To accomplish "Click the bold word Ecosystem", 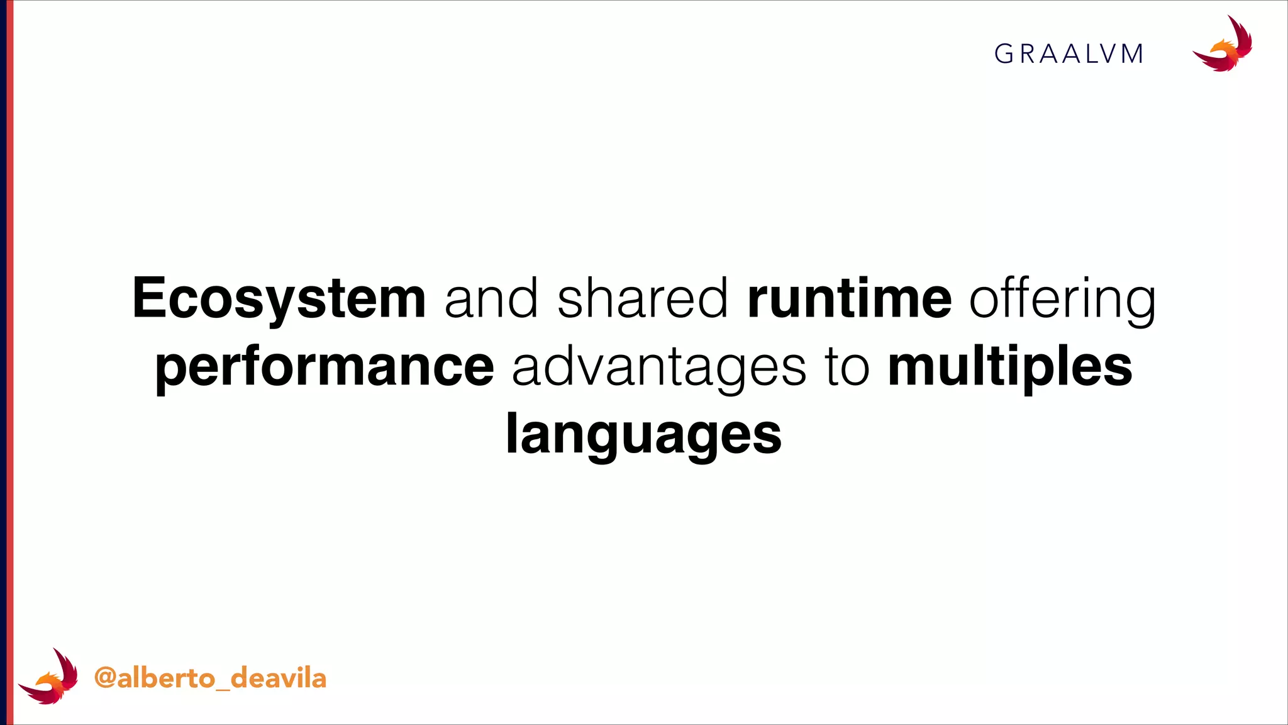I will [279, 298].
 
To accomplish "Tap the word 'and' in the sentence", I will [491, 298].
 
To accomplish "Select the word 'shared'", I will [642, 298].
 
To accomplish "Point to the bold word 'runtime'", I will [849, 298].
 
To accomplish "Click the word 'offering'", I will [1062, 300].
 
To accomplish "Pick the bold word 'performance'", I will [325, 368].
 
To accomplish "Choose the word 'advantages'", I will [658, 368].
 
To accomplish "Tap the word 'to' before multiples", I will [847, 368].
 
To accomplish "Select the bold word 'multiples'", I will [1010, 368].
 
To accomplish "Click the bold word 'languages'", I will [643, 436].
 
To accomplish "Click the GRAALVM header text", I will [1069, 54].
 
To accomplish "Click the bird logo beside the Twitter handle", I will [49, 677].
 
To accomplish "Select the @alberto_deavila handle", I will [210, 678].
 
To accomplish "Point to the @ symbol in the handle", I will [104, 679].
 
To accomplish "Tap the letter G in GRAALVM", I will [1004, 54].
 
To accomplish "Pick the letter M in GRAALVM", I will [1132, 54].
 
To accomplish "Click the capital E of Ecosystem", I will [148, 298].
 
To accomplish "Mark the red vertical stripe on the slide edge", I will [9, 362].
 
